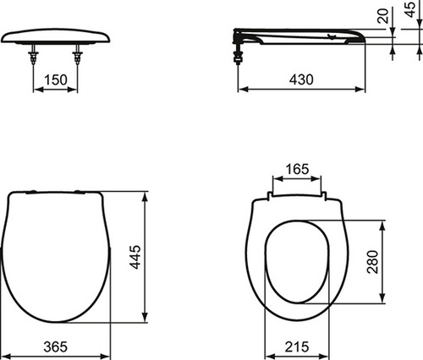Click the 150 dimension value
point(56,79)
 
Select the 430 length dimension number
point(301,79)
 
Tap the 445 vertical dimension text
point(136,257)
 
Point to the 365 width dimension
point(56,346)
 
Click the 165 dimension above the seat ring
point(297,169)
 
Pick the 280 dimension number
point(372,262)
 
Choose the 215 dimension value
point(297,346)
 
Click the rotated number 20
point(383,16)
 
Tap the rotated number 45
point(410,9)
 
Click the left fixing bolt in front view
point(33,54)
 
